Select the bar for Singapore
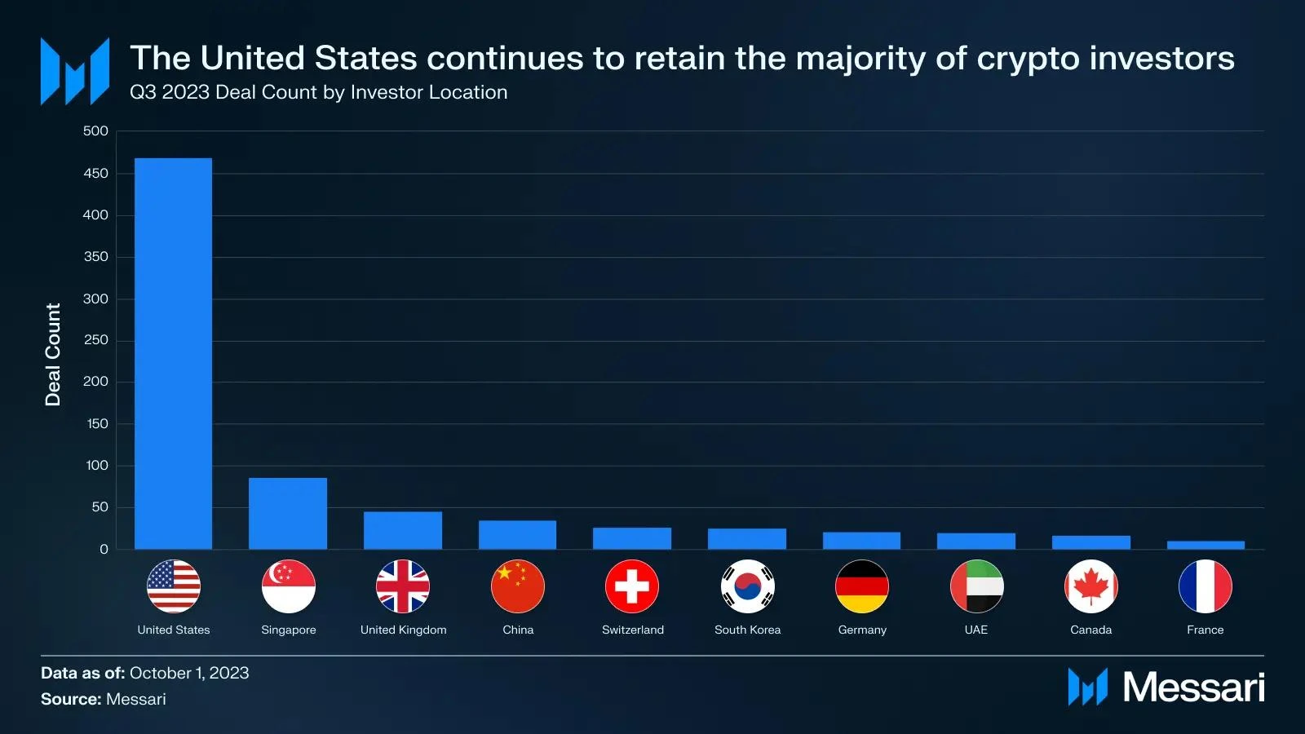288,513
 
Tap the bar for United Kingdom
403,530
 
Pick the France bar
1205,545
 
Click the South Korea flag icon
747,586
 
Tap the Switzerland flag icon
632,586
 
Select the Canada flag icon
1091,586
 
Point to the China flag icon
518,586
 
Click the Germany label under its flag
862,630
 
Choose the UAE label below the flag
976,630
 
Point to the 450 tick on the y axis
95,173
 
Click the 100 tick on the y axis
96,466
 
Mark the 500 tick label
95,131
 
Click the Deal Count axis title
53,355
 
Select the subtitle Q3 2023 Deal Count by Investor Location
318,92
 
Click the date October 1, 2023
189,673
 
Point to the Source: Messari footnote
104,699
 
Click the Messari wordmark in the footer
1193,687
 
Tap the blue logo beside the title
75,72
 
